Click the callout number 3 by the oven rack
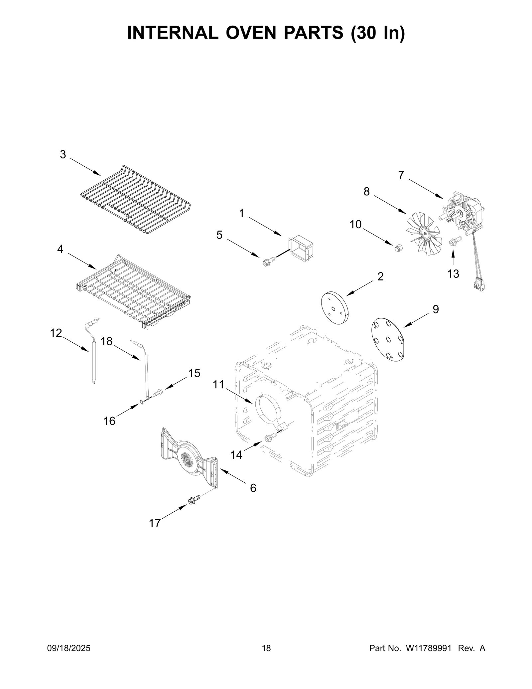(x=63, y=155)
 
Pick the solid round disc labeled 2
(x=333, y=308)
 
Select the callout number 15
(x=194, y=373)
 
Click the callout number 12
(x=56, y=333)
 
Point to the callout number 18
(x=107, y=341)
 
